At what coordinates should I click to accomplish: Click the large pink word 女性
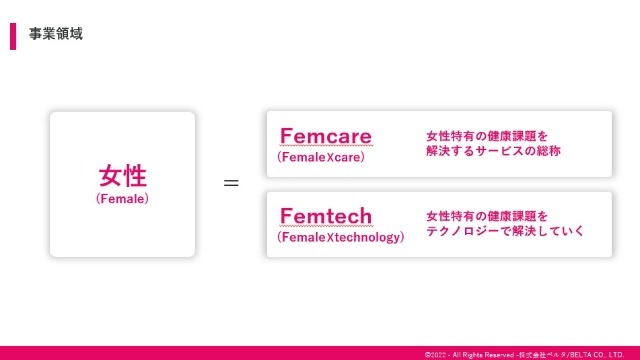pos(122,176)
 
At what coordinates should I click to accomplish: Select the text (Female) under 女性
pos(122,199)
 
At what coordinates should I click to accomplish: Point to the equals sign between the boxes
pos(231,184)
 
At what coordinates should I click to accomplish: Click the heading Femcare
pos(325,135)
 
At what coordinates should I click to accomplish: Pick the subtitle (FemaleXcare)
pos(321,157)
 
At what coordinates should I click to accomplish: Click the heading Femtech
pos(326,215)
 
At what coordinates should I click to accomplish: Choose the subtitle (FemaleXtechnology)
pos(341,238)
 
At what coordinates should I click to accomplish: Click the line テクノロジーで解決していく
pos(505,231)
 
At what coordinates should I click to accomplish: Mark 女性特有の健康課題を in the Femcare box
pos(487,134)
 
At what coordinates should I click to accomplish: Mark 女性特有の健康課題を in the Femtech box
pos(487,215)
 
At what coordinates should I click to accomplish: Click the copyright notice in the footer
pos(524,353)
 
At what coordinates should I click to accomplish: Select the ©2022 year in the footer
pos(435,353)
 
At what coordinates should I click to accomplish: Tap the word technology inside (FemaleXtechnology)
pos(369,238)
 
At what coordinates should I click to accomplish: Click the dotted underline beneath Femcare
pos(325,146)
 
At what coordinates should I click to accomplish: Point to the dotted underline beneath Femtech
pos(326,226)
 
